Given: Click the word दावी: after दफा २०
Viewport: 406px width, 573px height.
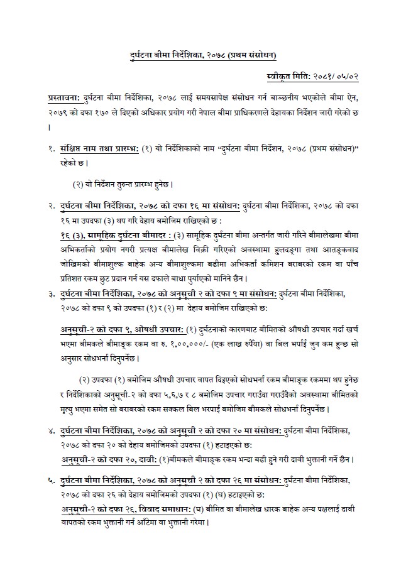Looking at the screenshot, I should click(146, 459).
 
